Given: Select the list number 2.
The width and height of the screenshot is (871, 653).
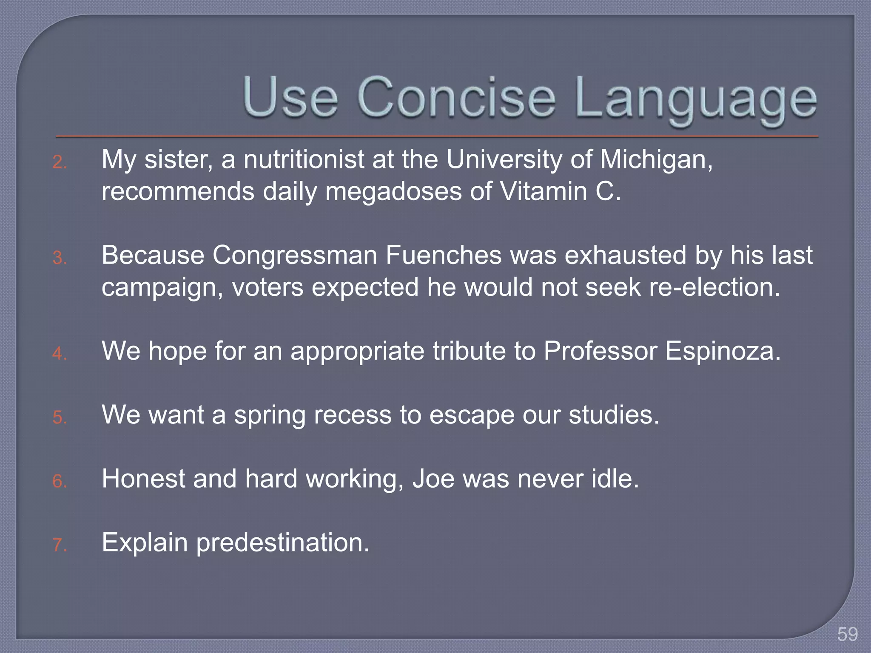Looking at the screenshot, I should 60,162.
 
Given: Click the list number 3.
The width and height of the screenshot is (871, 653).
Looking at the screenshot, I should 60,258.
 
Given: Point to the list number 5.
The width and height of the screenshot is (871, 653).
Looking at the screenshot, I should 60,417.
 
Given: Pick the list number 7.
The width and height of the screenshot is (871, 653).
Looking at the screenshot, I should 60,545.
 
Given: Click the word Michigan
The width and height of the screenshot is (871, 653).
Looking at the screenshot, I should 656,161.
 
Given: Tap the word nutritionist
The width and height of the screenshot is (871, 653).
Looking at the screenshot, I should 304,160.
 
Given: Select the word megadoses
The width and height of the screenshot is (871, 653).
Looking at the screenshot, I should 393,192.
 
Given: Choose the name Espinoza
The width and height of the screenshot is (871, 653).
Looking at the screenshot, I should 723,352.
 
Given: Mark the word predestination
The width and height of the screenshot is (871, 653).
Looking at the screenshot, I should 283,543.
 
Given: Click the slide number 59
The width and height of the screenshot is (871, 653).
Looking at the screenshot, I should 847,634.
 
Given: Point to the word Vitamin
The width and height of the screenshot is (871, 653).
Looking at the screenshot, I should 543,192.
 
